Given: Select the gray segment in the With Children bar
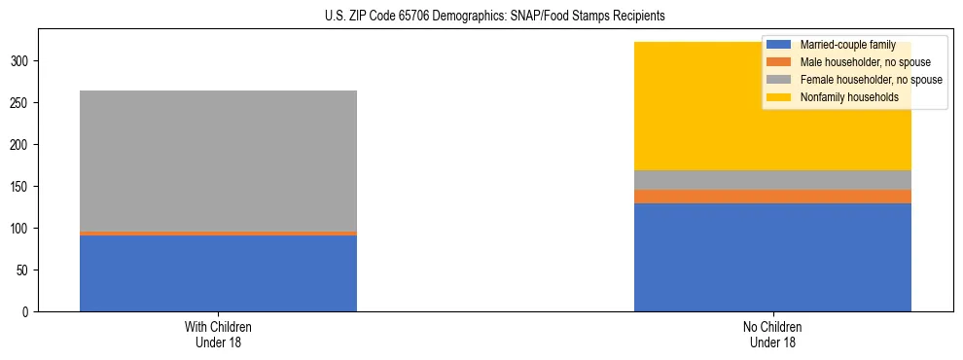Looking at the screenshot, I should pyautogui.click(x=218, y=161).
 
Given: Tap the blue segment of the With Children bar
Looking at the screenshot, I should pyautogui.click(x=218, y=273).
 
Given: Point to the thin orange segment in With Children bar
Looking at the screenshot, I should pyautogui.click(x=218, y=234).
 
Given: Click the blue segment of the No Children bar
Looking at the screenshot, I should pyautogui.click(x=772, y=257).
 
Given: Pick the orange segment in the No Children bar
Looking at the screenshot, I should pyautogui.click(x=772, y=197).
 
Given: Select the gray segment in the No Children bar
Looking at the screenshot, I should pyautogui.click(x=772, y=180).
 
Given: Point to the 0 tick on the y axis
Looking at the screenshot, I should pyautogui.click(x=29, y=312).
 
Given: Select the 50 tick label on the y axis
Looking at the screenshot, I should pyautogui.click(x=26, y=270).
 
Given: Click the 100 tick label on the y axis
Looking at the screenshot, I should pyautogui.click(x=23, y=229).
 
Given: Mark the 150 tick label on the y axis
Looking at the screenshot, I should pyautogui.click(x=23, y=187).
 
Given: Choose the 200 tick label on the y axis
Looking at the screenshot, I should pyautogui.click(x=23, y=145).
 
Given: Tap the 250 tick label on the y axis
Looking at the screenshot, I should pyautogui.click(x=23, y=103).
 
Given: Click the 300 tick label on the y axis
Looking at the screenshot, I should pyautogui.click(x=23, y=61).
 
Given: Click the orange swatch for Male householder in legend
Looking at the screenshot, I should pyautogui.click(x=779, y=62).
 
